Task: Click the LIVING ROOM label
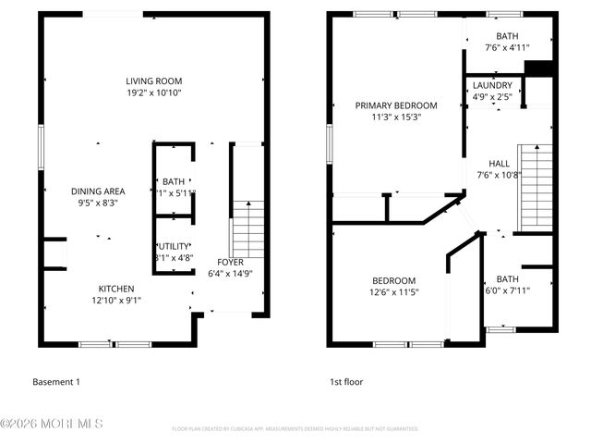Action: pos(154,80)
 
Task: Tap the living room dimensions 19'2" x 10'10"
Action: pos(154,92)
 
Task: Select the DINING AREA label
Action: pos(98,191)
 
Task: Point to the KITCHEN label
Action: pos(117,289)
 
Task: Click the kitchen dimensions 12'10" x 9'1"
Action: pos(117,301)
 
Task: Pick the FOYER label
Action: pos(230,262)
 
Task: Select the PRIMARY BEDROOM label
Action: pos(397,105)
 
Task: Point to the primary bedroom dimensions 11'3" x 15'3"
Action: pos(397,117)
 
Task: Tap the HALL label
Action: pos(500,162)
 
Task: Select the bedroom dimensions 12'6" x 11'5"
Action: pos(394,293)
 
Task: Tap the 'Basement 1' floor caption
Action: pos(56,382)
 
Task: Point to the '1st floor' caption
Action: pos(346,382)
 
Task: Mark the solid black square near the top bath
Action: pos(537,68)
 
